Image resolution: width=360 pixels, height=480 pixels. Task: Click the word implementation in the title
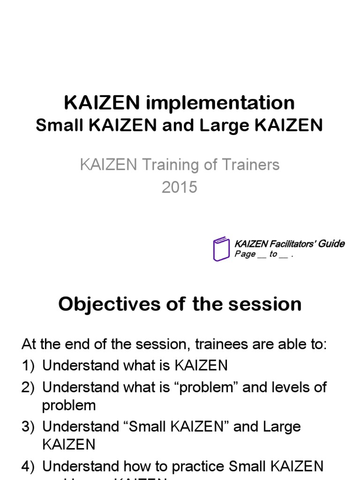(x=220, y=103)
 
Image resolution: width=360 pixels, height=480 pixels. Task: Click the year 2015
(x=180, y=187)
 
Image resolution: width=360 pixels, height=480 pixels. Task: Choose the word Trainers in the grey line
(x=249, y=165)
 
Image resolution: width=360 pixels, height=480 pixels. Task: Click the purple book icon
(x=221, y=249)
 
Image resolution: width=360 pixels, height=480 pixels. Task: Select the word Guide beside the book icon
(x=332, y=244)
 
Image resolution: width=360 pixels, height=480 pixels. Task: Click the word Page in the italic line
(x=245, y=255)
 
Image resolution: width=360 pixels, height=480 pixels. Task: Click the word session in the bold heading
(x=265, y=305)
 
